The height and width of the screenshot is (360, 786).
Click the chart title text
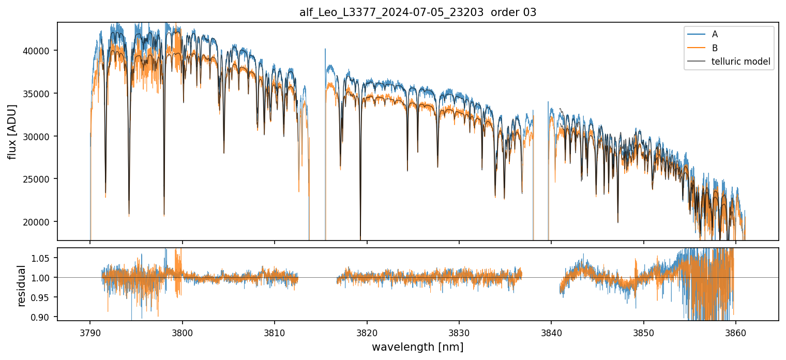point(418,12)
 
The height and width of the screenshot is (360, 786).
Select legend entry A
point(715,34)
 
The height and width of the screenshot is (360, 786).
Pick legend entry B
point(715,48)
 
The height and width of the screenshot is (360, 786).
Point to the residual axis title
point(21,286)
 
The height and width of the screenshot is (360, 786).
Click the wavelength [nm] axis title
point(418,347)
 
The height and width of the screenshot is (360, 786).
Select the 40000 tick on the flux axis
point(36,51)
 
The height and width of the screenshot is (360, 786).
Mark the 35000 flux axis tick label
point(36,94)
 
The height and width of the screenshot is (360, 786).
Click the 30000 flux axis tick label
point(36,137)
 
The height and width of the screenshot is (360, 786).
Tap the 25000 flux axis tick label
point(36,179)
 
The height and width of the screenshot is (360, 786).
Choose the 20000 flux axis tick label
point(36,222)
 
